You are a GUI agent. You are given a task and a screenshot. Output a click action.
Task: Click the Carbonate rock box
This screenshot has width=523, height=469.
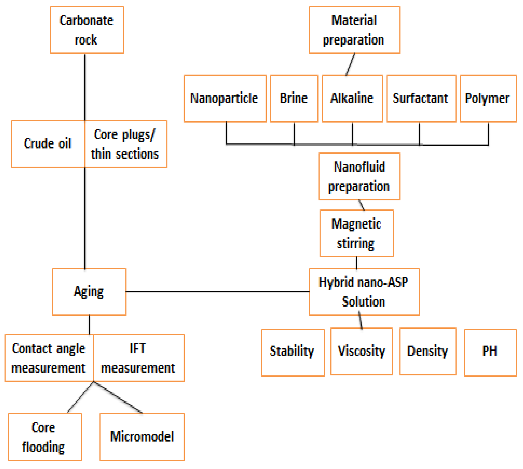pos(87,30)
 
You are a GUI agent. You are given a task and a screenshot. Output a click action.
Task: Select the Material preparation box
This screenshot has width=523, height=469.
pos(354,30)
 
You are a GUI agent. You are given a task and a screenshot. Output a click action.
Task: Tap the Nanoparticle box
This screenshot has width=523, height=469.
pos(225,98)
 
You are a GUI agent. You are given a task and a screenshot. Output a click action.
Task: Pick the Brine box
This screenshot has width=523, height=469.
pos(294,98)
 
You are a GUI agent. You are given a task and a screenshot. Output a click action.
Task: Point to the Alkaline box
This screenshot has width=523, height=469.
pos(352,98)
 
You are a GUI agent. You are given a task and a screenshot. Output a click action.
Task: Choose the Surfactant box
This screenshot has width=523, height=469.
pos(421,98)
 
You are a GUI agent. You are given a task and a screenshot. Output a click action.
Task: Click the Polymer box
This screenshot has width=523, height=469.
pos(488,98)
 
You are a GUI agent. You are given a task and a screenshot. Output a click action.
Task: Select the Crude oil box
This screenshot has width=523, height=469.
pos(48,144)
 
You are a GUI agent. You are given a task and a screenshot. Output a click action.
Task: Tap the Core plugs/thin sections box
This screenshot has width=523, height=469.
pos(126,144)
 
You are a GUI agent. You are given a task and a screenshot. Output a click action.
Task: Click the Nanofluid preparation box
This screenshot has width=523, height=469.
pos(359,176)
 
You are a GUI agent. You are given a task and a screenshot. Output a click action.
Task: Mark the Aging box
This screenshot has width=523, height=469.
pos(89,292)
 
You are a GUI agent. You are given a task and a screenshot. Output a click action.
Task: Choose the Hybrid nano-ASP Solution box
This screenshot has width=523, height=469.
pos(364,292)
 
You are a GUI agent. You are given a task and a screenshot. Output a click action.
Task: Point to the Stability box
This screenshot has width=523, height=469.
pos(293,352)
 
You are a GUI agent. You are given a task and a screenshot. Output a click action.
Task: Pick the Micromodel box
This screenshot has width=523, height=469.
pos(142,437)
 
